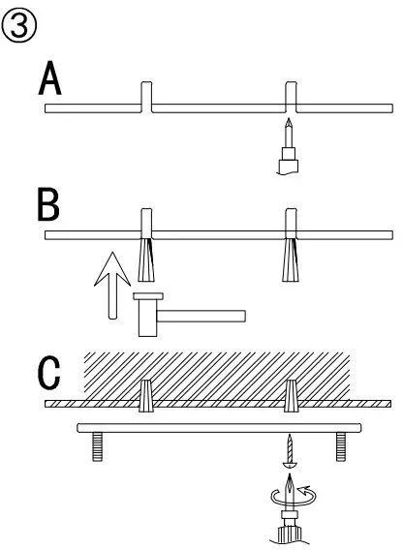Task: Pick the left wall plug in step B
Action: [x=147, y=255]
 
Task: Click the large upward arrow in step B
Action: [x=113, y=285]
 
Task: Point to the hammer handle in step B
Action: [x=203, y=315]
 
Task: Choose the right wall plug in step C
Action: [x=289, y=396]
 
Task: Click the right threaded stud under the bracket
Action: [x=341, y=445]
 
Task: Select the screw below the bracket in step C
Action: [x=289, y=449]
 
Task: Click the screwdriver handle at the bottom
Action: [x=289, y=534]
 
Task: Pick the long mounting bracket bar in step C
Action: [x=217, y=428]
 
